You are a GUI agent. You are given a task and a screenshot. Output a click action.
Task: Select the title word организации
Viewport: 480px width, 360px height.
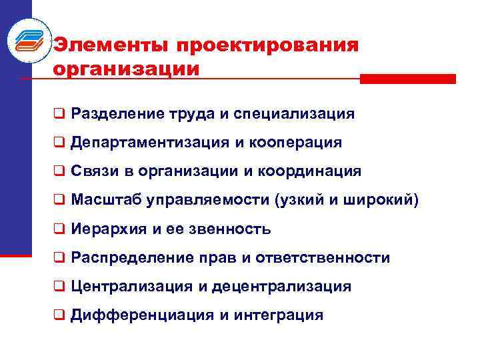click(126, 69)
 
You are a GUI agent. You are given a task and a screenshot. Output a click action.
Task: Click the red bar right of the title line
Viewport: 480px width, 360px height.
click(407, 79)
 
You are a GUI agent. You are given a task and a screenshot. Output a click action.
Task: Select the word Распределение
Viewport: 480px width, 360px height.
click(127, 257)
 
